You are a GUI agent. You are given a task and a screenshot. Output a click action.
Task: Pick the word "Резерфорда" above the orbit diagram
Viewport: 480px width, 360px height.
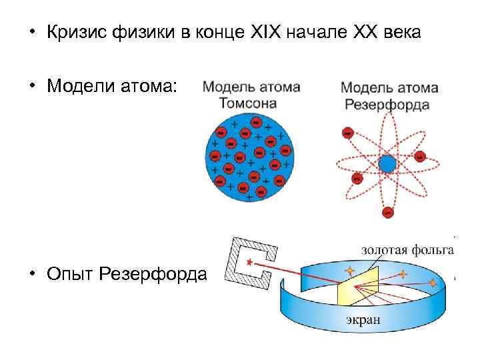click(x=387, y=105)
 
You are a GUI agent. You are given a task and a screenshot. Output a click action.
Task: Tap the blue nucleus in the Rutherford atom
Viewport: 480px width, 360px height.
click(x=387, y=163)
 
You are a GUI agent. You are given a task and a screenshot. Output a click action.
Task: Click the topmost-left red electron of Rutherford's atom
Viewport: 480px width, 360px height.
click(x=347, y=133)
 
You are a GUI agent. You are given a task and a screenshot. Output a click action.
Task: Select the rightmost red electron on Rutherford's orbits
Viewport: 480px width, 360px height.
click(x=420, y=157)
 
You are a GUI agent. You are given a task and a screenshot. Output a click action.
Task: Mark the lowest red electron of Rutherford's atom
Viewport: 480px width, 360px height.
click(x=387, y=212)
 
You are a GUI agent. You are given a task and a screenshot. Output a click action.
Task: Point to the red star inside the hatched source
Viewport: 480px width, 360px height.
click(x=250, y=263)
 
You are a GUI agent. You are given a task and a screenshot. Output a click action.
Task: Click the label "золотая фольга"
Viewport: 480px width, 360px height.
click(x=407, y=250)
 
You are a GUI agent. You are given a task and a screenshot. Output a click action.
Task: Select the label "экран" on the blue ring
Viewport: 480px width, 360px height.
click(x=363, y=319)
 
